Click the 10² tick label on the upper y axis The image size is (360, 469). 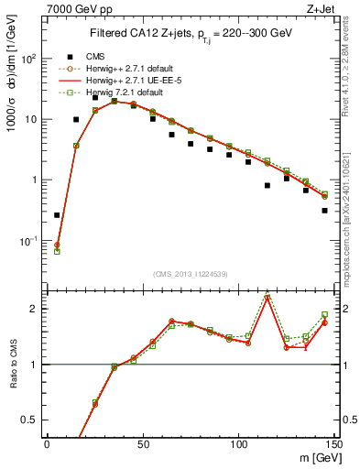[x=29, y=58]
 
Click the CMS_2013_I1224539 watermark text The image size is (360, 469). [x=190, y=273]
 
